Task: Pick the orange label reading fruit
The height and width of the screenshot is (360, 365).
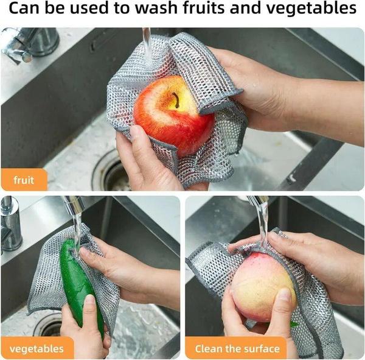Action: coord(32,180)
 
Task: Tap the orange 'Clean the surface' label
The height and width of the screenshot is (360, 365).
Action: coord(238,349)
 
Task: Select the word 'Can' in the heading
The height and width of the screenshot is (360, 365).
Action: coord(24,10)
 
